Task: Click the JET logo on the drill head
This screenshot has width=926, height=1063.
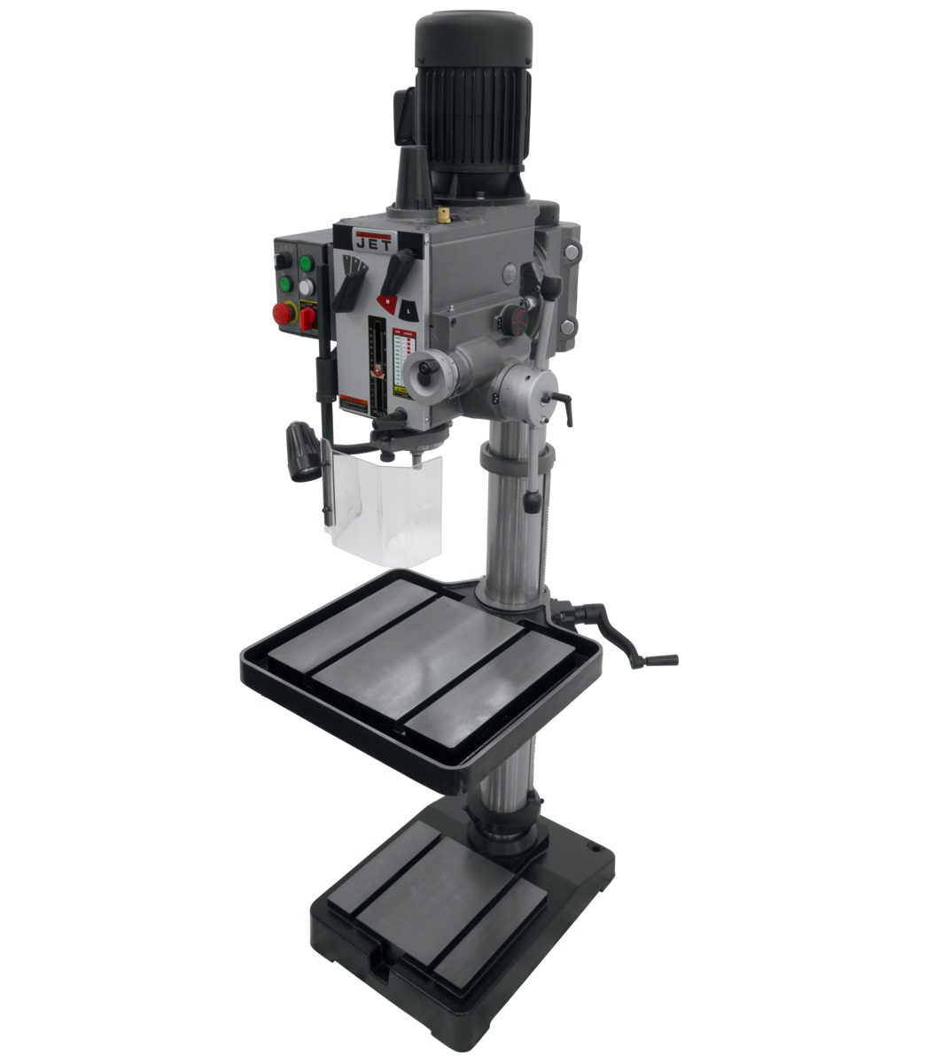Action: (372, 240)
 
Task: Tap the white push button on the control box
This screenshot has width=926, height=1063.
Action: (307, 288)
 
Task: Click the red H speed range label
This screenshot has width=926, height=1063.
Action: (386, 301)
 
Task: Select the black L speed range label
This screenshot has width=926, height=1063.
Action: (407, 310)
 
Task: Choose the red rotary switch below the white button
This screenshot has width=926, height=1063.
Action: (307, 317)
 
